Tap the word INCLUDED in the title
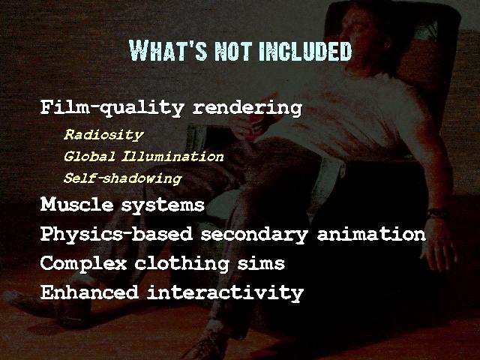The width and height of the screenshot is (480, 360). [x=306, y=52]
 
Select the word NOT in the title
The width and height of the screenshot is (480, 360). [x=233, y=52]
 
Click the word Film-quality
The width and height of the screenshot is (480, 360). [x=112, y=108]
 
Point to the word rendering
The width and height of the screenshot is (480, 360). [x=247, y=108]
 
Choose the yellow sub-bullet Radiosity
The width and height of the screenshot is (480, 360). [x=103, y=135]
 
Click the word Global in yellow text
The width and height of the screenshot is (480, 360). [x=89, y=157]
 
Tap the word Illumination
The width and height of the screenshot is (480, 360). [x=172, y=157]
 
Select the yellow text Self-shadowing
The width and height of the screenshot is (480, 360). [x=123, y=178]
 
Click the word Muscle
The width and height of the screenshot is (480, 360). [x=76, y=204]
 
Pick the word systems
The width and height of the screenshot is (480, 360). [x=163, y=205]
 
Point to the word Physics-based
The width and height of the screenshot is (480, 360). [x=116, y=235]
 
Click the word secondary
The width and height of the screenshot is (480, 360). [x=254, y=235]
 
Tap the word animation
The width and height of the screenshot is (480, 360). [x=371, y=234]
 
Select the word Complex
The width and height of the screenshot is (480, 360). [x=83, y=263]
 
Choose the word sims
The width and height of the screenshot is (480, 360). [x=261, y=263]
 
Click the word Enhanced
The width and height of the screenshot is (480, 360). [x=89, y=292]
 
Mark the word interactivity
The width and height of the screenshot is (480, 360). [x=225, y=293]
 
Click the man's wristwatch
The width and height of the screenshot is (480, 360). [x=436, y=213]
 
